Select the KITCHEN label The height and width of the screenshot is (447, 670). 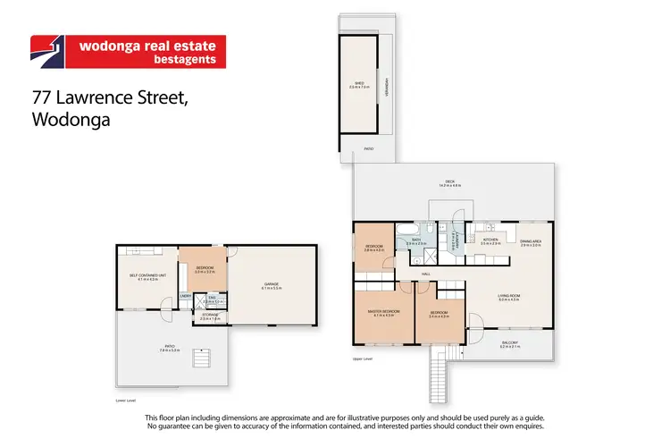pos(490,240)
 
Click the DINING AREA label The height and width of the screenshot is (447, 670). pos(531,241)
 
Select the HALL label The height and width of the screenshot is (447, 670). pos(427,273)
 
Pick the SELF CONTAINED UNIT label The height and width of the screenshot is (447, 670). pos(144,274)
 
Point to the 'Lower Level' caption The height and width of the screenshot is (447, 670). pos(127,401)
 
